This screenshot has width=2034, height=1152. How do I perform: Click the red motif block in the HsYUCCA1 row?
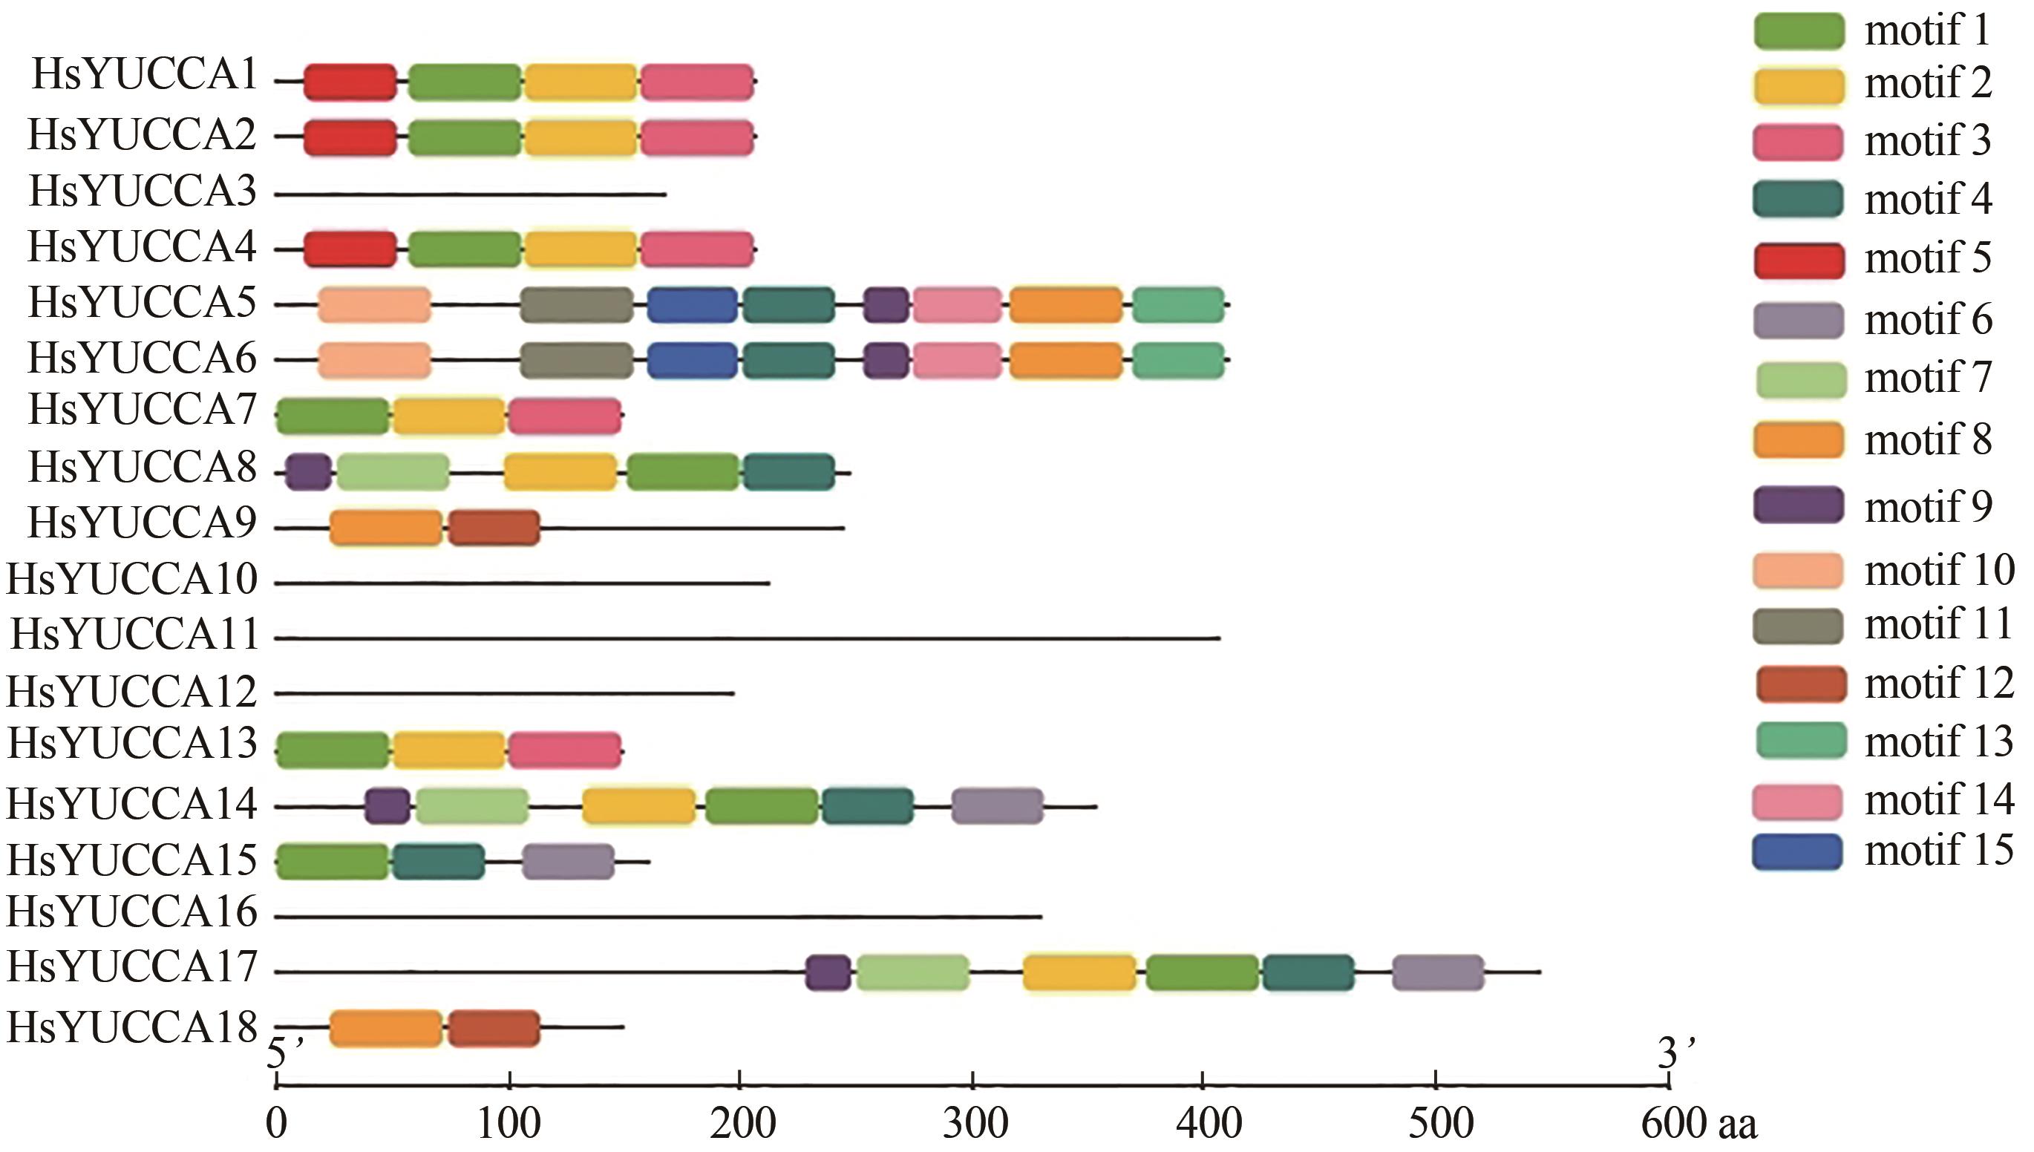click(x=350, y=82)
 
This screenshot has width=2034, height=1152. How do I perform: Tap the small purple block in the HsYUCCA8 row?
click(x=308, y=472)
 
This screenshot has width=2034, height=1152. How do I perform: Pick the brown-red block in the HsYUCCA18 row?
click(x=494, y=1029)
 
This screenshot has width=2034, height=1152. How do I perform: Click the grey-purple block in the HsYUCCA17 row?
click(x=1437, y=972)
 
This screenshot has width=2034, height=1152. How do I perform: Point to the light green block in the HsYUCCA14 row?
click(x=472, y=806)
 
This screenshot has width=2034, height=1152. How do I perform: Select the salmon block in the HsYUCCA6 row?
click(x=374, y=361)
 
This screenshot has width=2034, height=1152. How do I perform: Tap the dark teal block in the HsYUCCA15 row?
click(x=438, y=862)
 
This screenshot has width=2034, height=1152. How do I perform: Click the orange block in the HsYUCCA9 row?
click(x=386, y=528)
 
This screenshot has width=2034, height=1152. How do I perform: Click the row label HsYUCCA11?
click(x=134, y=635)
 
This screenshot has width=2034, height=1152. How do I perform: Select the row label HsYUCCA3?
click(x=143, y=192)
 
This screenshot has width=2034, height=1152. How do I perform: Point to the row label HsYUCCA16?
click(x=132, y=912)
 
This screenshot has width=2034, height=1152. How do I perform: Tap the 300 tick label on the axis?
click(x=975, y=1124)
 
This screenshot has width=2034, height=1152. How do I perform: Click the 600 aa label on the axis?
click(x=1698, y=1124)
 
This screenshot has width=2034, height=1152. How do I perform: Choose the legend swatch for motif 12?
click(x=1801, y=684)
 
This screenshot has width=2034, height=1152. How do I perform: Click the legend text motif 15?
click(x=1938, y=851)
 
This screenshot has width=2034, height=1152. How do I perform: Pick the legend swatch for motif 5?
click(x=1799, y=261)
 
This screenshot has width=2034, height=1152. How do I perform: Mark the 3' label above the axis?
click(x=1675, y=1053)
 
